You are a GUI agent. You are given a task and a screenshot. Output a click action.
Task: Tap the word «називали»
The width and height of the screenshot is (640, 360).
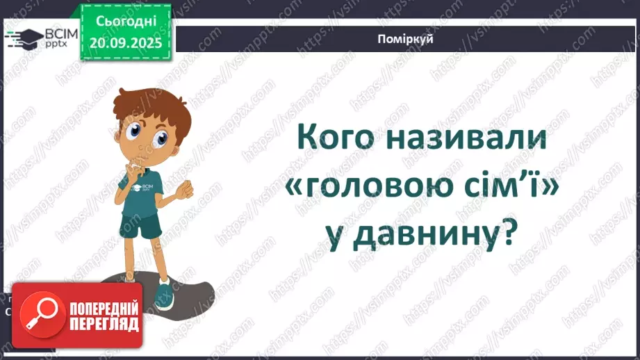coord(462,140)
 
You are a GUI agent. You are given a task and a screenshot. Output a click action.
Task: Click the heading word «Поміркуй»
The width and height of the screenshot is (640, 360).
coord(407,39)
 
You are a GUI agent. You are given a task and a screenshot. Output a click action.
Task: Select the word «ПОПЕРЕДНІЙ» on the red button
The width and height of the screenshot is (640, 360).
coord(104,308)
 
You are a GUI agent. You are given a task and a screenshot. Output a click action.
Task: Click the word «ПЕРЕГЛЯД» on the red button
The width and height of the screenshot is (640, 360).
coord(104,324)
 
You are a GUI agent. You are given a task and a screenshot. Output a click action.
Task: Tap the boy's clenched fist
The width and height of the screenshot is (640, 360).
coord(185,188)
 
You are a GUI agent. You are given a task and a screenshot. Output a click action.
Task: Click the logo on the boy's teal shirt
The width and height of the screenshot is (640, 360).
coord(147,187)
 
